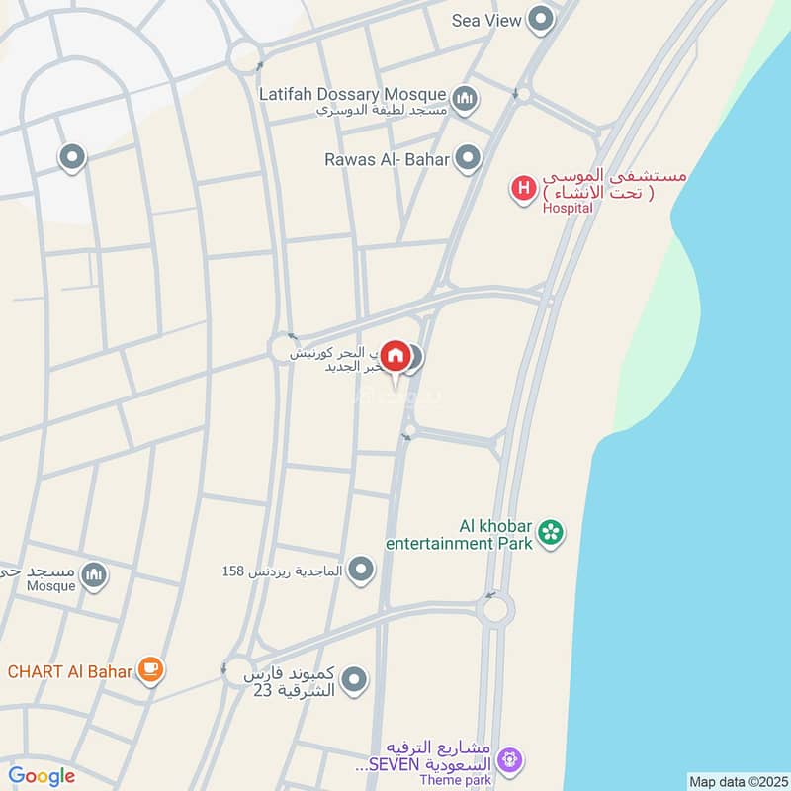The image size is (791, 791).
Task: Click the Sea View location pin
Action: tap(540, 19)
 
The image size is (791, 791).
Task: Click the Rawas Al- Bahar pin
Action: tap(468, 157)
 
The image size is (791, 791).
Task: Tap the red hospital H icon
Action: tap(522, 186)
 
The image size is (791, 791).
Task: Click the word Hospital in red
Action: tap(567, 208)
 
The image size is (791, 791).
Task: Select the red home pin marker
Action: tap(395, 355)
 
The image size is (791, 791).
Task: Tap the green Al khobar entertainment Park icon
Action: tap(551, 535)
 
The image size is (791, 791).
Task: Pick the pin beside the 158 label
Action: tap(362, 569)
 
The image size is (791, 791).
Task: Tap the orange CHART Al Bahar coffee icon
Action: tap(150, 671)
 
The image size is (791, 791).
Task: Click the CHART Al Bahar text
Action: tap(69, 672)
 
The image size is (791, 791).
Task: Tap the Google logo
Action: tap(42, 776)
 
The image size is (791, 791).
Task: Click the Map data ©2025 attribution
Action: tap(737, 781)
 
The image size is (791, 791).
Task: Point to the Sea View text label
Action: tap(486, 20)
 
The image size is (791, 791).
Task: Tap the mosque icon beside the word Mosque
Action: tap(94, 574)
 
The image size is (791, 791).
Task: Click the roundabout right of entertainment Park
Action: tap(494, 607)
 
